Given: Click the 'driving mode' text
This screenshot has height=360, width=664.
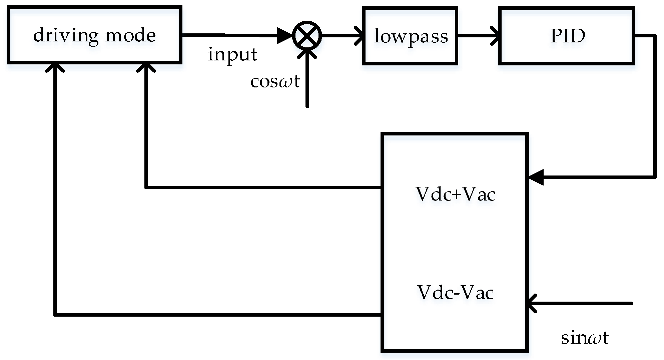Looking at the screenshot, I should [x=95, y=35].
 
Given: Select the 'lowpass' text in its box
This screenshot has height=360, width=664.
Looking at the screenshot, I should [x=411, y=36].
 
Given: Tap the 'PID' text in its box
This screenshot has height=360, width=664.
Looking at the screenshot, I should [x=567, y=36].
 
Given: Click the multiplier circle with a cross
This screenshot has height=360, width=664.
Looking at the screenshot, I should [x=307, y=35].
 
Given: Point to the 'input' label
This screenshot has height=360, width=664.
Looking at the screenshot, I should [x=232, y=54].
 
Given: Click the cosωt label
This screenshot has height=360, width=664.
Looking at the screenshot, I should [x=275, y=81].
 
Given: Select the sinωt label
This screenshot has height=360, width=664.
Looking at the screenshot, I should [x=585, y=338].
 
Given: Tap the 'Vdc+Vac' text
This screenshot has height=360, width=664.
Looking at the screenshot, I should [x=455, y=194].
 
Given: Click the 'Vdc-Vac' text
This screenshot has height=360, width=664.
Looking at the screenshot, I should [x=455, y=293].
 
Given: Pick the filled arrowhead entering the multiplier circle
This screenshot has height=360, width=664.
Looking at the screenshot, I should [x=285, y=36].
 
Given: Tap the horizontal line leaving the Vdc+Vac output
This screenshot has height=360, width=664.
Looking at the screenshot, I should [x=263, y=188].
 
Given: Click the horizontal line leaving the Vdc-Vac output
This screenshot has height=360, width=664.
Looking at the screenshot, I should [x=217, y=315].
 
